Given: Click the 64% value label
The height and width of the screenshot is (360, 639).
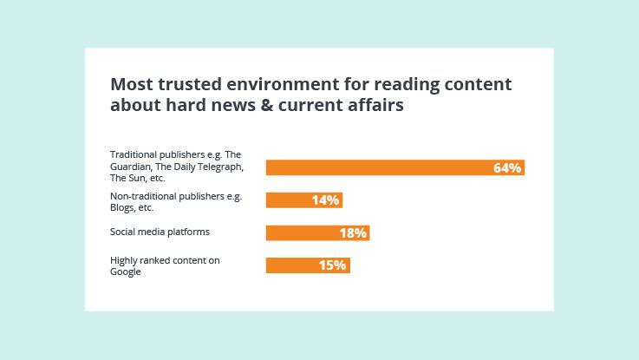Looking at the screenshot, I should [x=507, y=168].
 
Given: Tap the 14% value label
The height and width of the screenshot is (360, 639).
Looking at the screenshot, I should [x=325, y=200].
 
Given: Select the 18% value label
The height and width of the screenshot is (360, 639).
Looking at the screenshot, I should [x=353, y=233].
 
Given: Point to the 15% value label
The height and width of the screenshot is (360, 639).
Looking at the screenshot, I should [x=332, y=265].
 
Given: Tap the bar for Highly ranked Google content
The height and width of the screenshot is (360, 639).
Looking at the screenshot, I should [x=290, y=265].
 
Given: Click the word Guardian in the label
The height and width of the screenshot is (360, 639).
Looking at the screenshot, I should [x=129, y=167].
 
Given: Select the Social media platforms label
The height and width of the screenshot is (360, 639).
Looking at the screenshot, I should [x=160, y=232].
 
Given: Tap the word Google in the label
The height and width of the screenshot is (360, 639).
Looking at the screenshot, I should [x=126, y=272].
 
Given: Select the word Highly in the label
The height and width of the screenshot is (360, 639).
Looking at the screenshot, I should [x=125, y=260].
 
